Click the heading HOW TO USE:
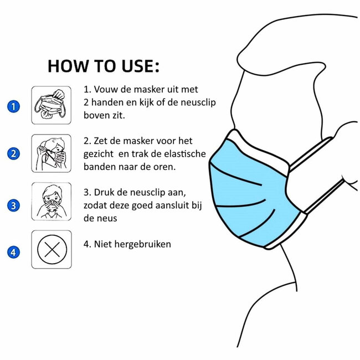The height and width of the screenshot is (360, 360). pyautogui.click(x=104, y=65)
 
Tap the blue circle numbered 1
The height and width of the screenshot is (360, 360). pyautogui.click(x=14, y=105)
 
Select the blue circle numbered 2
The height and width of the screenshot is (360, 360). pyautogui.click(x=14, y=153)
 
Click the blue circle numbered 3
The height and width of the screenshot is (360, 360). pyautogui.click(x=14, y=205)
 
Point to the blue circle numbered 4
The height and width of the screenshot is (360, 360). pyautogui.click(x=14, y=253)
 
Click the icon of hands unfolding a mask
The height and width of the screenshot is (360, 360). pyautogui.click(x=51, y=105)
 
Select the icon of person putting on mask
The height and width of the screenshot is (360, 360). pyautogui.click(x=51, y=153)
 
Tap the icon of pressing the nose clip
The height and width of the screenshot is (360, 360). pyautogui.click(x=51, y=202)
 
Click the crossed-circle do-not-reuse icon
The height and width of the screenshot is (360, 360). pyautogui.click(x=51, y=249)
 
